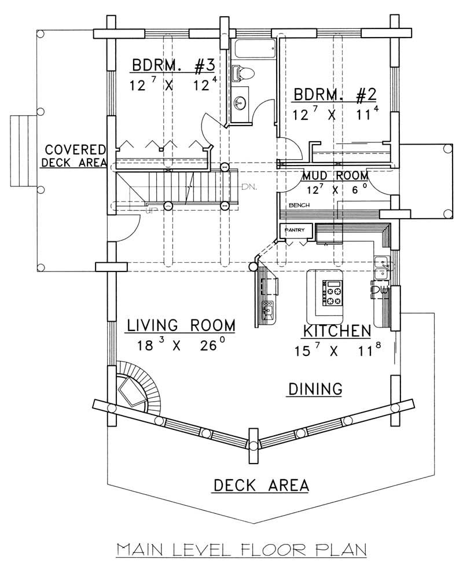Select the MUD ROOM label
tap(335, 175)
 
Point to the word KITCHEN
tap(336, 331)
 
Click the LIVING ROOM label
tap(181, 325)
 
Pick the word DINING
tap(315, 389)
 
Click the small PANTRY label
tap(293, 230)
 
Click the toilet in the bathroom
tap(244, 73)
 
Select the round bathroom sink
tap(240, 103)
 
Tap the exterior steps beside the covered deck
tap(23, 150)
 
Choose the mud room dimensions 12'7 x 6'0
tap(335, 188)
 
